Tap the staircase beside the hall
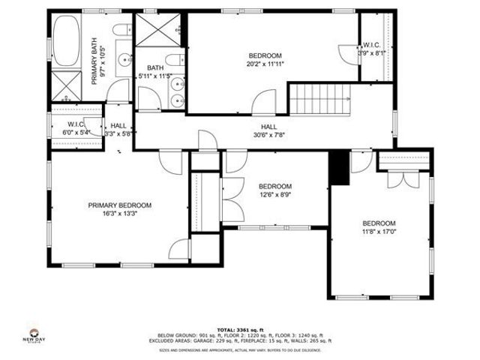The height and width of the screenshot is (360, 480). (x=322, y=98)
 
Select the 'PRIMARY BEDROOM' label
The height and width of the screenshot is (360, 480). (x=119, y=205)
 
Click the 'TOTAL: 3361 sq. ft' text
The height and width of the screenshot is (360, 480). (x=238, y=328)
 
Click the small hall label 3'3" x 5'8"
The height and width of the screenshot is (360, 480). (x=119, y=130)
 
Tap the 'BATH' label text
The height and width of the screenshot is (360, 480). (x=155, y=67)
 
